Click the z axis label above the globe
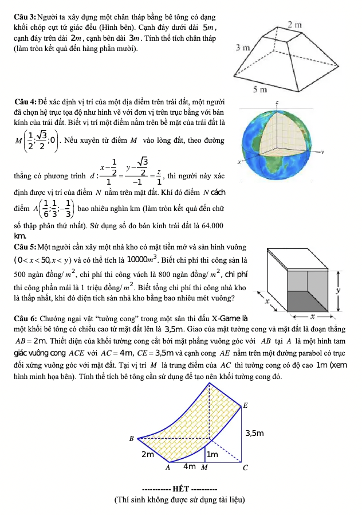pos(277,100)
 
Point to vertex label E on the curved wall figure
pos(246,405)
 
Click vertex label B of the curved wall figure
pos(131,439)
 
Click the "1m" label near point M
pos(213,454)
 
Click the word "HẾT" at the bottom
pos(180,489)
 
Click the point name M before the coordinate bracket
pos(20,140)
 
